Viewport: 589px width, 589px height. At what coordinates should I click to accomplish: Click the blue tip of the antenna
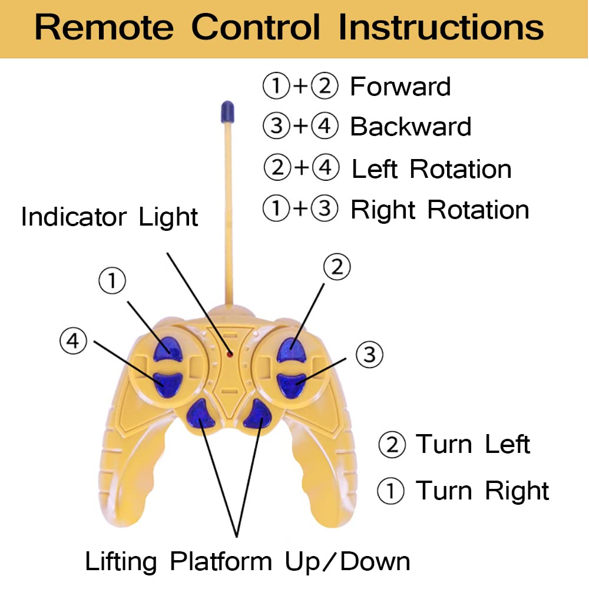coord(227,111)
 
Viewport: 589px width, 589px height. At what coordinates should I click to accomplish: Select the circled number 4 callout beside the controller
coord(73,341)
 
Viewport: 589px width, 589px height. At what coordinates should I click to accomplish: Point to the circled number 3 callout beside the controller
coord(369,355)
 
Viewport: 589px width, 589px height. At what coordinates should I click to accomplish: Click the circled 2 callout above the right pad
coord(337,267)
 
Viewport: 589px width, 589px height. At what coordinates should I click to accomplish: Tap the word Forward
coord(401,87)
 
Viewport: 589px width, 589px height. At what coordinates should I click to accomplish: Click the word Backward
coord(411,127)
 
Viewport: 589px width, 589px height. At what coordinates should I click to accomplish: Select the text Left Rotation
coord(431,170)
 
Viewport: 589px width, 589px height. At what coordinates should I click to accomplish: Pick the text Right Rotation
coord(439,210)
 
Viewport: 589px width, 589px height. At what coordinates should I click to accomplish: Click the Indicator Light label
coord(110,217)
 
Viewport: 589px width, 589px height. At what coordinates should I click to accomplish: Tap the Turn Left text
coord(473,445)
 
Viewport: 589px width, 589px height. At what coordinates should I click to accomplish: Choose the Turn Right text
coord(482,491)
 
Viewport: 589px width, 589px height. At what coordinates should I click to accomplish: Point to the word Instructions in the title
coord(441,27)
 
